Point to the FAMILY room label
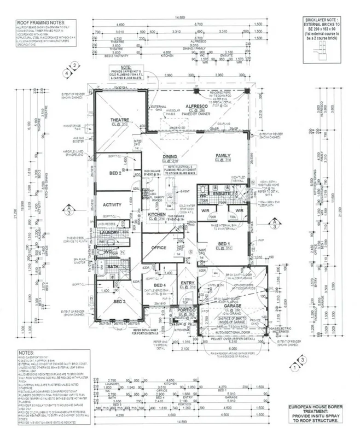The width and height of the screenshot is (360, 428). [x=223, y=156]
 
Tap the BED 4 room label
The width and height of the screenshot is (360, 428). [x=160, y=286]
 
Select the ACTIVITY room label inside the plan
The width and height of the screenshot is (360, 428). [x=112, y=205]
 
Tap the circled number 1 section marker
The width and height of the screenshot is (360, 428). [x=295, y=368]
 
